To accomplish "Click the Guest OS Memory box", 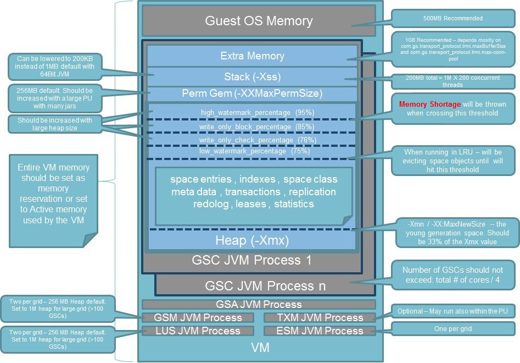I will pyautogui.click(x=259, y=21).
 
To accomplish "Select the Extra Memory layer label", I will pyautogui.click(x=252, y=56).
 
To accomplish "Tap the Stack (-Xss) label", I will pyautogui.click(x=252, y=76).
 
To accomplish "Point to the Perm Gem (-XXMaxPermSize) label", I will pyautogui.click(x=252, y=94).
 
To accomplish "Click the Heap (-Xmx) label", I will pyautogui.click(x=253, y=240).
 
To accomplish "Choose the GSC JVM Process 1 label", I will pyautogui.click(x=251, y=260).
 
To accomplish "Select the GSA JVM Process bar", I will pyautogui.click(x=259, y=304).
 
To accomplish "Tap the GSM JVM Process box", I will pyautogui.click(x=198, y=317).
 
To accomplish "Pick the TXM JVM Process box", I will pyautogui.click(x=320, y=317).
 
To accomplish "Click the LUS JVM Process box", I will pyautogui.click(x=198, y=331).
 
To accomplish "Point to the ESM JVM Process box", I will pyautogui.click(x=320, y=331).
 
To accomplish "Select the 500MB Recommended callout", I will pyautogui.click(x=453, y=18).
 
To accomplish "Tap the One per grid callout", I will pyautogui.click(x=452, y=329).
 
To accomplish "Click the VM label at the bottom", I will pyautogui.click(x=259, y=348).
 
